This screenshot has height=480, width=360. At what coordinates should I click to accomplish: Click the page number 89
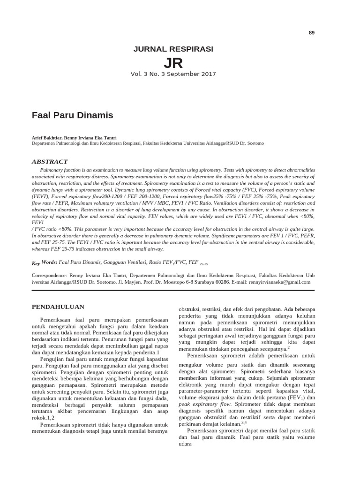(x=312, y=32)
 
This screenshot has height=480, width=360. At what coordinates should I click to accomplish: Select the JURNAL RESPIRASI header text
(x=173, y=49)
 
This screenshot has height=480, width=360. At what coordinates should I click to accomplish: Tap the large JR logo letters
(x=173, y=63)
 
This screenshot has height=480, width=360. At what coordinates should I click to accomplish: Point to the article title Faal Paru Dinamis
(x=72, y=114)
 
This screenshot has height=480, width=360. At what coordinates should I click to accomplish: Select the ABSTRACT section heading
(x=50, y=161)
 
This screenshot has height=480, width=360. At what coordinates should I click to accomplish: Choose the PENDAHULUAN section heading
(x=57, y=307)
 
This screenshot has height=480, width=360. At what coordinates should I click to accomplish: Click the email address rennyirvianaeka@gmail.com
(x=280, y=282)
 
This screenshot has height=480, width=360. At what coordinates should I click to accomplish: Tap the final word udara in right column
(x=186, y=445)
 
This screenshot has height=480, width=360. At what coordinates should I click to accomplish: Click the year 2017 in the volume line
(x=209, y=74)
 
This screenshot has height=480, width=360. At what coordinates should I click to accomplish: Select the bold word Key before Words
(x=36, y=264)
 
